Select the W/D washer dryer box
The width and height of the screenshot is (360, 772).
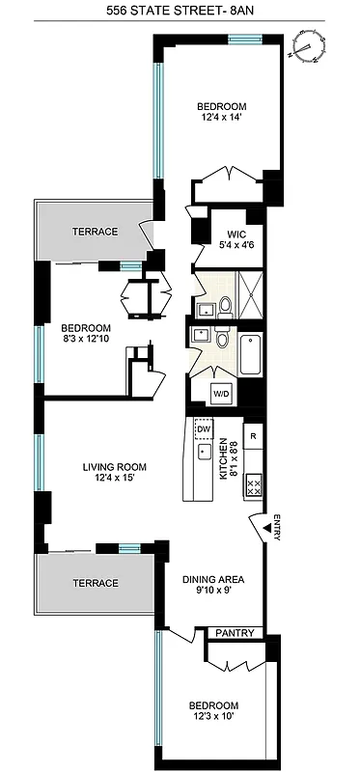[222, 393]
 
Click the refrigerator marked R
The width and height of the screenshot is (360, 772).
[253, 435]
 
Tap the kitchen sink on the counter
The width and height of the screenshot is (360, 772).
[204, 452]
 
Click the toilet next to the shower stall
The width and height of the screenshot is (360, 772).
[225, 306]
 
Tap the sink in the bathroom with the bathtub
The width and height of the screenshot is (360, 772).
[201, 335]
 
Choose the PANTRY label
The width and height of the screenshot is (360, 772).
[235, 633]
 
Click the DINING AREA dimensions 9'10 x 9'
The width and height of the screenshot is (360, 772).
[214, 593]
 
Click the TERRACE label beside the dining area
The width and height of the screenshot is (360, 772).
[95, 583]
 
